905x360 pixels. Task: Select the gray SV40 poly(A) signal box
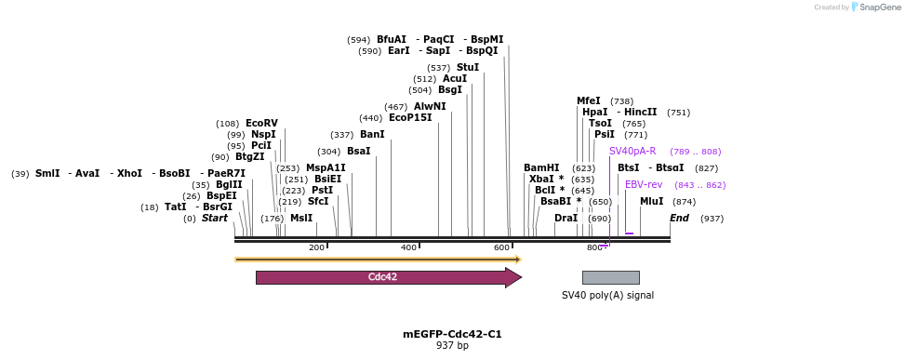pyautogui.click(x=610, y=277)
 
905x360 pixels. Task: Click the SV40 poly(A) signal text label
pyautogui.click(x=607, y=295)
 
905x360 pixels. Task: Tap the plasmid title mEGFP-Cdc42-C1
pyautogui.click(x=452, y=334)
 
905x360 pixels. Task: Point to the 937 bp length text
pyautogui.click(x=452, y=346)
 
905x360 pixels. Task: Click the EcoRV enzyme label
pyautogui.click(x=261, y=124)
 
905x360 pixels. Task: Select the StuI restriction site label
pyautogui.click(x=468, y=68)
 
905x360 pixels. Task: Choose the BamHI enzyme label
pyautogui.click(x=541, y=168)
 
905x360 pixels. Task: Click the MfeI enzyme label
pyautogui.click(x=589, y=101)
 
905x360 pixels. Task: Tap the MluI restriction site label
pyautogui.click(x=652, y=202)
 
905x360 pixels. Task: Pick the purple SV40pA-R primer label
pyautogui.click(x=632, y=152)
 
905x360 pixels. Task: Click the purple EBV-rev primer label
pyautogui.click(x=644, y=185)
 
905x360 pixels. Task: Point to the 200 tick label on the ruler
pyautogui.click(x=316, y=247)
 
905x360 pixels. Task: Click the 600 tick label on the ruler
pyautogui.click(x=501, y=247)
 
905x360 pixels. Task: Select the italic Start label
pyautogui.click(x=214, y=219)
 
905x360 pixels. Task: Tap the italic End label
pyautogui.click(x=679, y=219)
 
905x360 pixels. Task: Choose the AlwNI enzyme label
pyautogui.click(x=430, y=107)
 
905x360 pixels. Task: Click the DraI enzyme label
pyautogui.click(x=566, y=219)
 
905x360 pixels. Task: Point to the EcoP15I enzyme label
pyautogui.click(x=410, y=118)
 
